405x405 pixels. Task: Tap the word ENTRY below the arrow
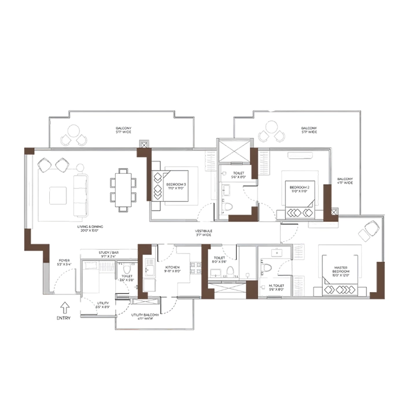pos(64,318)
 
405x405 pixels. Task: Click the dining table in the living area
pos(123,188)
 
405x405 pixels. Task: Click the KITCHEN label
pos(172,270)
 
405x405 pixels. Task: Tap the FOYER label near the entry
pos(64,263)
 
